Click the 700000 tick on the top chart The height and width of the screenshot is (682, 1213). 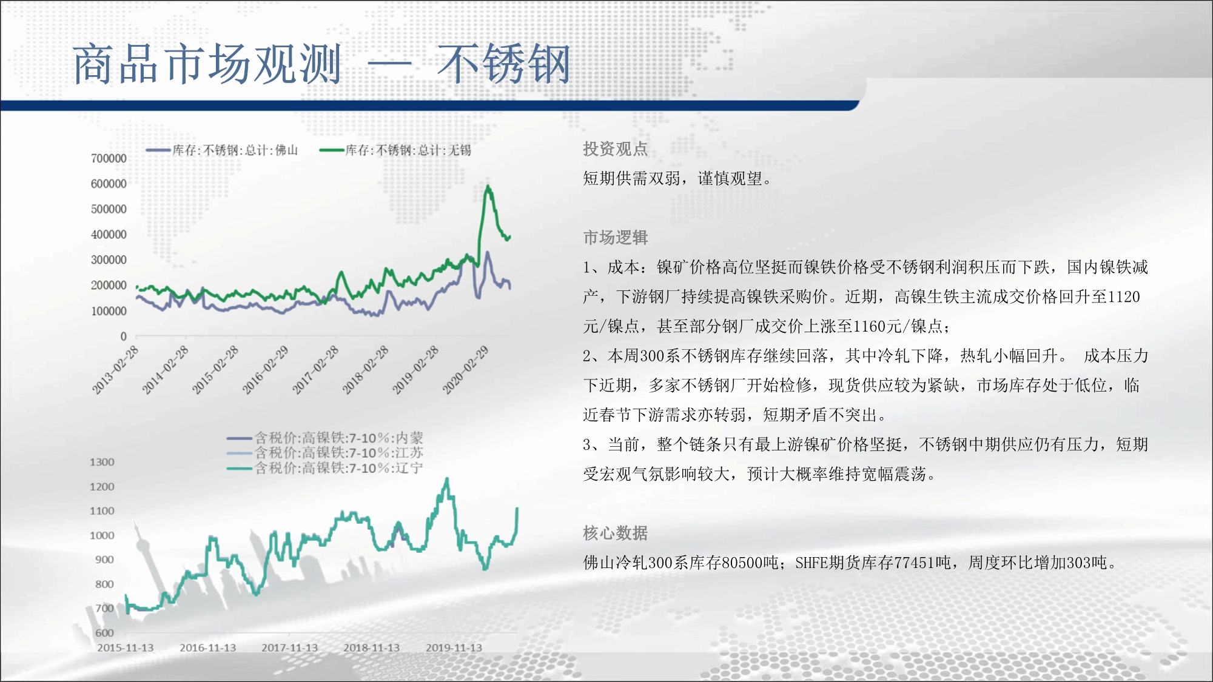pyautogui.click(x=109, y=159)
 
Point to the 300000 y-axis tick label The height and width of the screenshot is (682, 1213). pyautogui.click(x=109, y=260)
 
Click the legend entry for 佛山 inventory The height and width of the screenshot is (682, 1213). pyautogui.click(x=222, y=150)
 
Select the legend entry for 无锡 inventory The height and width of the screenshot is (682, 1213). pyautogui.click(x=395, y=150)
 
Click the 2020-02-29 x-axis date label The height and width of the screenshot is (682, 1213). pyautogui.click(x=465, y=370)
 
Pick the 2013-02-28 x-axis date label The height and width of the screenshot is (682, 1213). pyautogui.click(x=115, y=370)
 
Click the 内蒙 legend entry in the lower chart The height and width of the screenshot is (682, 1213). pyautogui.click(x=325, y=438)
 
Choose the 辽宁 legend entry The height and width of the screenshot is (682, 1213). pyautogui.click(x=325, y=468)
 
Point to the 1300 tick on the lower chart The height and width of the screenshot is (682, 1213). pyautogui.click(x=102, y=462)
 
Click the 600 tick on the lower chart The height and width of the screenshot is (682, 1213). pyautogui.click(x=104, y=633)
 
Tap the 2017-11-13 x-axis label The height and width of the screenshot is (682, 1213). pyautogui.click(x=290, y=648)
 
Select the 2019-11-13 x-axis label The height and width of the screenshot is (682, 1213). pyautogui.click(x=454, y=648)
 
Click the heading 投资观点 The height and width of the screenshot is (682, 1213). pyautogui.click(x=615, y=149)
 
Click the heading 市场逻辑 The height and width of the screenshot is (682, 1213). pyautogui.click(x=615, y=238)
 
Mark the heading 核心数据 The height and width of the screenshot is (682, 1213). pyautogui.click(x=615, y=533)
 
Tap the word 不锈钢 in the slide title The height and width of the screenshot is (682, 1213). pyautogui.click(x=503, y=64)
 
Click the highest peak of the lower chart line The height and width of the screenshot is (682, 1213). pyautogui.click(x=447, y=479)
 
